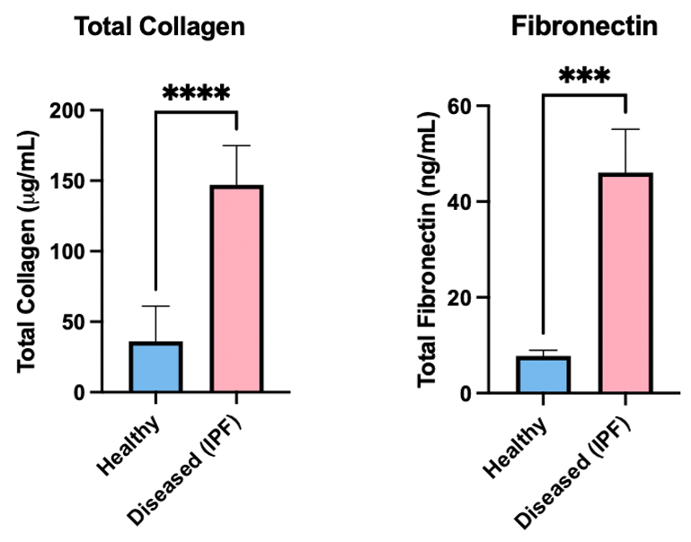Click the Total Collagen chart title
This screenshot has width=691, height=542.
[160, 27]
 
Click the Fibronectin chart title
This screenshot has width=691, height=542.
[584, 27]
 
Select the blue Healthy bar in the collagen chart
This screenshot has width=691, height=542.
[156, 367]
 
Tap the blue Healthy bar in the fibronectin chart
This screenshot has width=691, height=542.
[543, 375]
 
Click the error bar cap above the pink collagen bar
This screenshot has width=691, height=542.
[236, 145]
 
